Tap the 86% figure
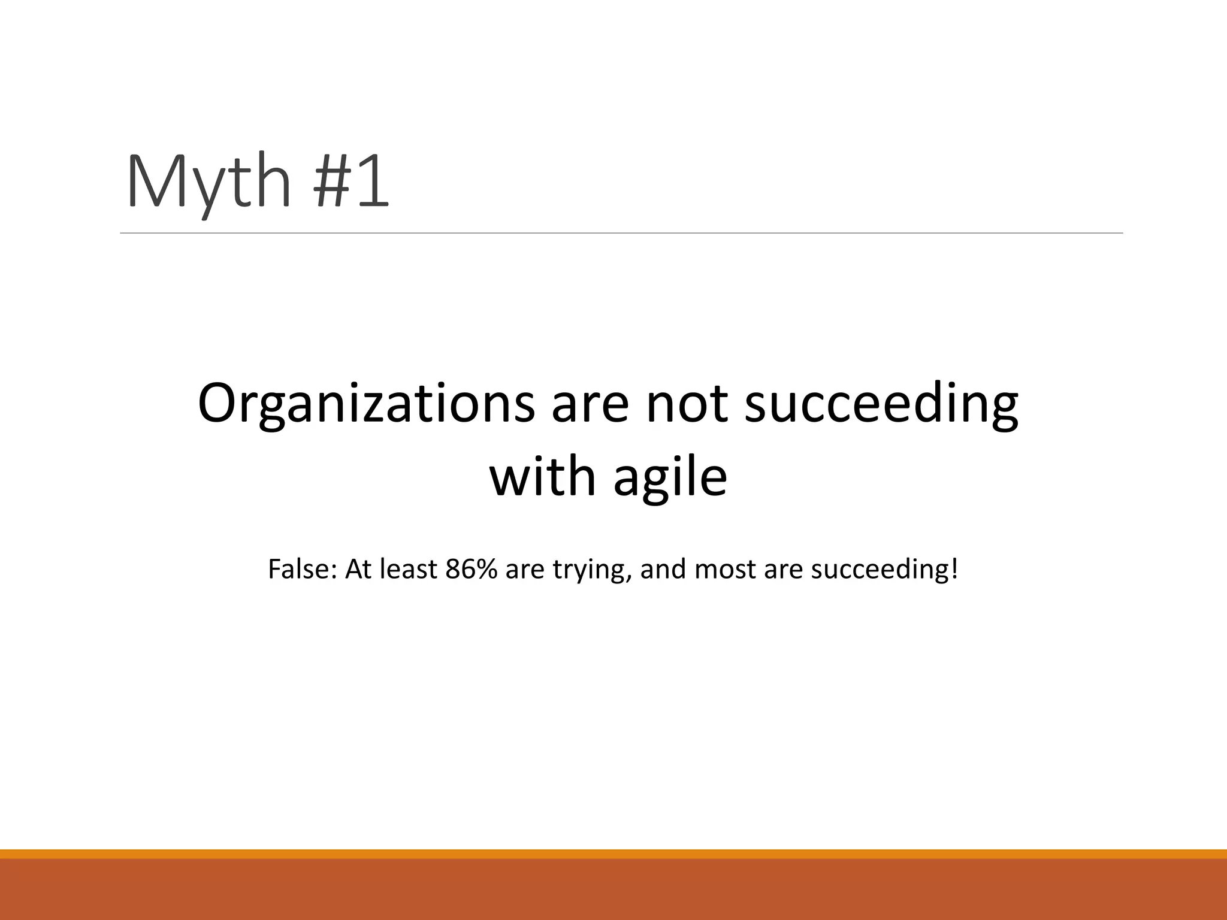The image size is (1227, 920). (x=472, y=569)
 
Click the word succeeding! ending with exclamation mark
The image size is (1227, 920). (x=884, y=569)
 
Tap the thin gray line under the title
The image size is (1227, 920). (x=621, y=233)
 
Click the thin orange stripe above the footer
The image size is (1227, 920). (x=613, y=854)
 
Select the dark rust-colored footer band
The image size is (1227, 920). (x=613, y=890)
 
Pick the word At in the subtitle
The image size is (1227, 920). (x=358, y=569)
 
